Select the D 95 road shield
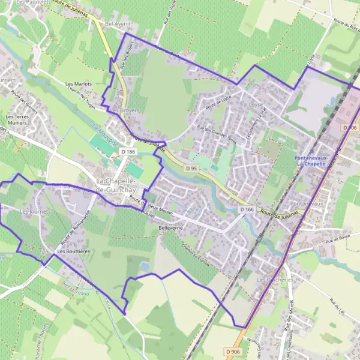191,169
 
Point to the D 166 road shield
247,209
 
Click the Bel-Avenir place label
118,23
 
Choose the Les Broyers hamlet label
124,110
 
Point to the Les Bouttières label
73,251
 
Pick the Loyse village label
256,103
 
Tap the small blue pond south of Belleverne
144,265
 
